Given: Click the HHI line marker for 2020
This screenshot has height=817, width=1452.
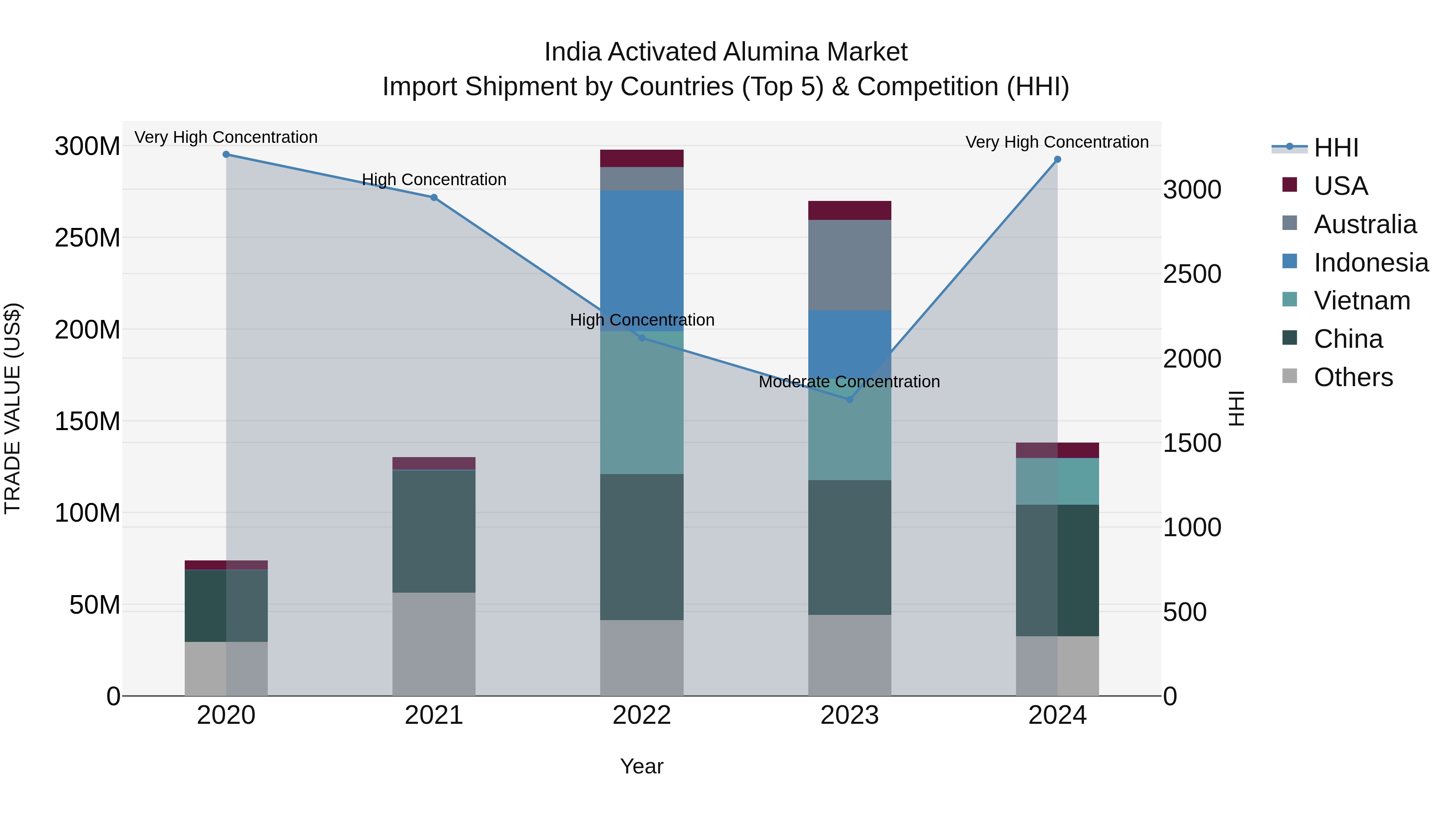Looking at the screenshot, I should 226,155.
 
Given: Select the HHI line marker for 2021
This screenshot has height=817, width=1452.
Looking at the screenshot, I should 434,197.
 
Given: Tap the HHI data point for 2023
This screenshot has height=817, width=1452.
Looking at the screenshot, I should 850,399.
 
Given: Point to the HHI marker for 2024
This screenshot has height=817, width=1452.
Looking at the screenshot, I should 1058,159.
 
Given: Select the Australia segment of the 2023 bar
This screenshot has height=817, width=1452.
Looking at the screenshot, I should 849,265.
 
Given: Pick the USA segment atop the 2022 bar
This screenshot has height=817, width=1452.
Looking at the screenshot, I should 641,159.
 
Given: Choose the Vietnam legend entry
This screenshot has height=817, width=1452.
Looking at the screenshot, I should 1362,301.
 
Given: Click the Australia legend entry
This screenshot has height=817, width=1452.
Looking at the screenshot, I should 1364,224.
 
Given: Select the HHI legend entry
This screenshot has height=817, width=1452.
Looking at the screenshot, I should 1336,148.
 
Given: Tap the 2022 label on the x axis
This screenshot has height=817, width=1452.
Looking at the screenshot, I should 641,715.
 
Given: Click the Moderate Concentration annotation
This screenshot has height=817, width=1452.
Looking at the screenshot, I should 849,382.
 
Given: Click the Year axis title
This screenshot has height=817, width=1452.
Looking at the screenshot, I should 641,766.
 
